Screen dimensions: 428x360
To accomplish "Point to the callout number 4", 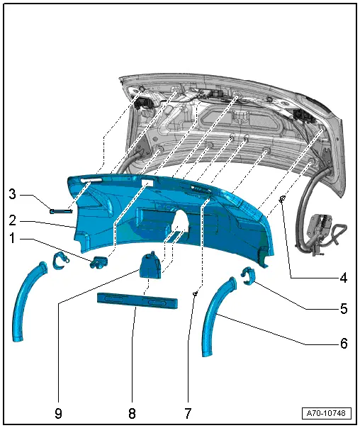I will (343, 278).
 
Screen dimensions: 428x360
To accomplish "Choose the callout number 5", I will (343, 310).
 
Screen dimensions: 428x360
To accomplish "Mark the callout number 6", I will (343, 344).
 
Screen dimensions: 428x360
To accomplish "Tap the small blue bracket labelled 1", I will (98, 263).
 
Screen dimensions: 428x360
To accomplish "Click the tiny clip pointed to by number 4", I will (283, 198).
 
